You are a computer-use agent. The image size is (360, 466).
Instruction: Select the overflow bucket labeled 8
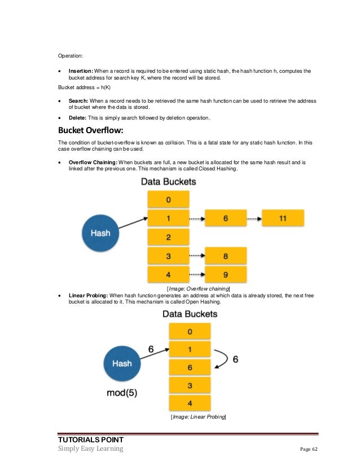pyautogui.click(x=225, y=256)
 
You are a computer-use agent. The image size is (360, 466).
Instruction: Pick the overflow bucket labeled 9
pyautogui.click(x=225, y=275)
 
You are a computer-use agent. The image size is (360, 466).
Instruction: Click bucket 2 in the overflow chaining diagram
pyautogui.click(x=168, y=237)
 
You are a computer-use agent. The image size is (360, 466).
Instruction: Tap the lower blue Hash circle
pyautogui.click(x=122, y=363)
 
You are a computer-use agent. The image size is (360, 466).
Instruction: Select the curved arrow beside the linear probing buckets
pyautogui.click(x=223, y=358)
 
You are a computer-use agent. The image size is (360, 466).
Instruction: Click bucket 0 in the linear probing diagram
pyautogui.click(x=189, y=331)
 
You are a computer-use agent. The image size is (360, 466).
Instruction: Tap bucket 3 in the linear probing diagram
pyautogui.click(x=189, y=385)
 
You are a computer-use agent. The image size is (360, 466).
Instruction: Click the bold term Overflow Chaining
pyautogui.click(x=93, y=162)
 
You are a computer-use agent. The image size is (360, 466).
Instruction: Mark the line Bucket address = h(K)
pyautogui.click(x=84, y=89)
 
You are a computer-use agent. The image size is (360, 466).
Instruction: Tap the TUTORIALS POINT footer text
pyautogui.click(x=91, y=439)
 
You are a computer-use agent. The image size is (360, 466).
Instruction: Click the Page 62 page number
pyautogui.click(x=309, y=449)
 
